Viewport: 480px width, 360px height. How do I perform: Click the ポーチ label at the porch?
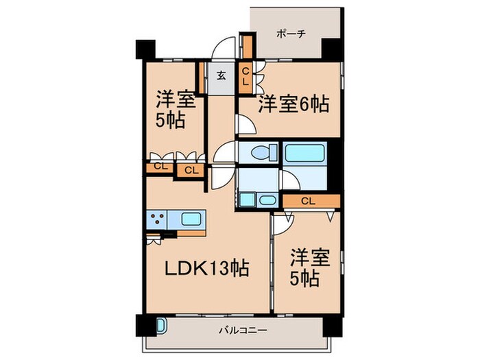pyautogui.click(x=291, y=32)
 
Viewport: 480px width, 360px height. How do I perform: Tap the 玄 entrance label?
pyautogui.click(x=221, y=75)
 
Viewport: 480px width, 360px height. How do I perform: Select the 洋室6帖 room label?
pyautogui.click(x=293, y=105)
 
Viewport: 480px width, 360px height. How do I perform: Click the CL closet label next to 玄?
pyautogui.click(x=245, y=75)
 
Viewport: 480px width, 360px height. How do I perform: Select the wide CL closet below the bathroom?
pyautogui.click(x=309, y=201)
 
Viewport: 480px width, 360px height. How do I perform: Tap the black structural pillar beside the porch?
pyautogui.click(x=331, y=49)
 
